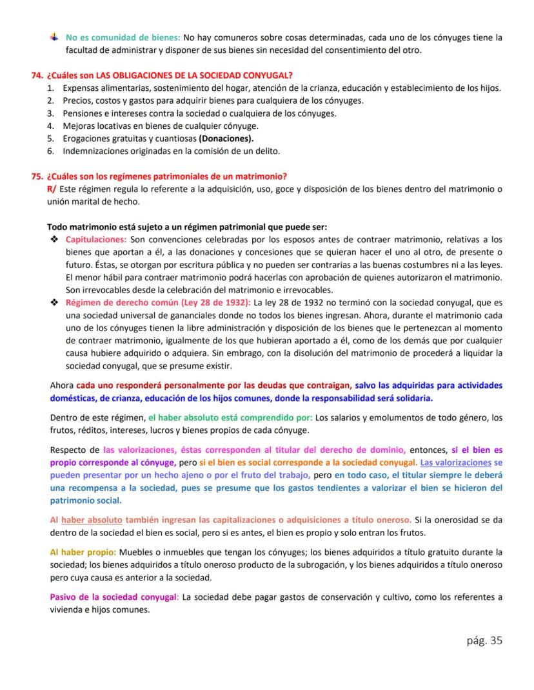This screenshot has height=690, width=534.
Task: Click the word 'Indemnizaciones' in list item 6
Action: tap(95, 151)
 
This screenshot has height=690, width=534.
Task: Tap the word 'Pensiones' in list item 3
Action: tap(81, 113)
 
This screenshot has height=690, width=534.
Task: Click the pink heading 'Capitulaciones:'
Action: tap(96, 239)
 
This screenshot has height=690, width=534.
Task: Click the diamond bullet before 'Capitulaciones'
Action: tap(54, 239)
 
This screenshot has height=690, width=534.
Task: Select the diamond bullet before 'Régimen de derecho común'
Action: tap(54, 302)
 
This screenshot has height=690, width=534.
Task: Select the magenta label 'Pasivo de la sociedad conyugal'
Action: tap(114, 596)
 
